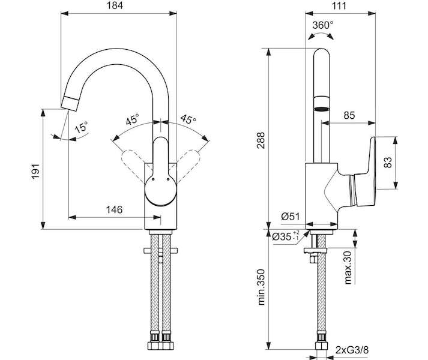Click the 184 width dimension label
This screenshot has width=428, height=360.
115,5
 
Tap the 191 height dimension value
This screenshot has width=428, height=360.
36,172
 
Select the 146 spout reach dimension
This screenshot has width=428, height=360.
114,209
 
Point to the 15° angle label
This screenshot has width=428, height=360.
82,127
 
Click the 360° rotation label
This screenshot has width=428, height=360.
323,25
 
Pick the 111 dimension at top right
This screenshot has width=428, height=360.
339,6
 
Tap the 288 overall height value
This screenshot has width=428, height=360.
261,140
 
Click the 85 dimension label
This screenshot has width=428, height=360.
349,115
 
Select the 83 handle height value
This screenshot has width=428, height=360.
388,162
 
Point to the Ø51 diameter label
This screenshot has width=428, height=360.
290,217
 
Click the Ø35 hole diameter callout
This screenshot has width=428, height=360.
286,236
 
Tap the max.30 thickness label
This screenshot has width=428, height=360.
348,268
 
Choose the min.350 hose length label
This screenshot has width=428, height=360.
261,287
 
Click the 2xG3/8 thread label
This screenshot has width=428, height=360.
352,350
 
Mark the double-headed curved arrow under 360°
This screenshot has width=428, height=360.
321,34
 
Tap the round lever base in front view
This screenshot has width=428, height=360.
161,190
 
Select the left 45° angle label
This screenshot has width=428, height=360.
133,119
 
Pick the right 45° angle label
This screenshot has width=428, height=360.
188,119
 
